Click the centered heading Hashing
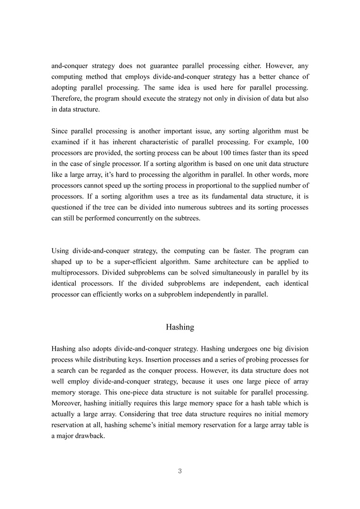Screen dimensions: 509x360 180,327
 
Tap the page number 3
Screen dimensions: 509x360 180,471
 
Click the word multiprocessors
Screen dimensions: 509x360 76,273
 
